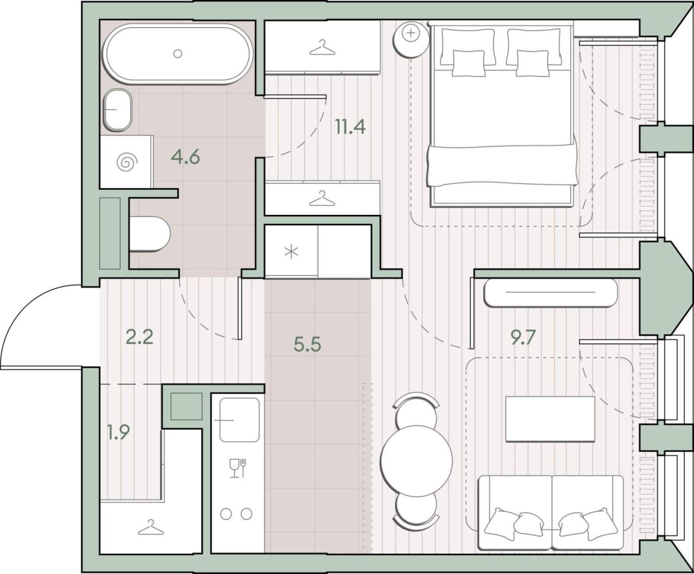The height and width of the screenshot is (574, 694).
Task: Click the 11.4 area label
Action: [x=350, y=126]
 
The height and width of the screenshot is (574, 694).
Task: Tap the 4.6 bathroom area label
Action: [x=185, y=157]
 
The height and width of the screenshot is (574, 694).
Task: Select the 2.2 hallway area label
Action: [x=139, y=337]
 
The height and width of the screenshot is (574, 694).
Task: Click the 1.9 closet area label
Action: [x=118, y=432]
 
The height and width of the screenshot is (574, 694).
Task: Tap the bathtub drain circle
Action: [x=178, y=53]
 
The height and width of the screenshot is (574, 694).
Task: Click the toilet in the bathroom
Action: [x=150, y=234]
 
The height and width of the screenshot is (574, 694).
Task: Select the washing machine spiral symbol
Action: [x=127, y=162]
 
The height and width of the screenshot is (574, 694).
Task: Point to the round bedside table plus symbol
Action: [x=411, y=33]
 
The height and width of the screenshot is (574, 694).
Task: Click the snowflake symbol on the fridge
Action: [x=291, y=252]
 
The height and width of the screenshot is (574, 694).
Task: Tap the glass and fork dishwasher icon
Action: [x=238, y=468]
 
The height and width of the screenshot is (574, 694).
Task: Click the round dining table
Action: [x=416, y=461]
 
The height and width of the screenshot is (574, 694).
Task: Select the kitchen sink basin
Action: [x=239, y=420]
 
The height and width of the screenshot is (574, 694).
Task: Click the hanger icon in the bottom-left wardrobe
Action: [x=151, y=527]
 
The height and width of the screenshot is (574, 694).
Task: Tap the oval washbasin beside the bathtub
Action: [x=118, y=110]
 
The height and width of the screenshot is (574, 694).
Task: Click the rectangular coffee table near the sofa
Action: [x=550, y=419]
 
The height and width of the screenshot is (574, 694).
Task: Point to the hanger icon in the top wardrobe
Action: [x=322, y=47]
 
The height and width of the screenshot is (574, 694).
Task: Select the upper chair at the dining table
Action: [x=416, y=411]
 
